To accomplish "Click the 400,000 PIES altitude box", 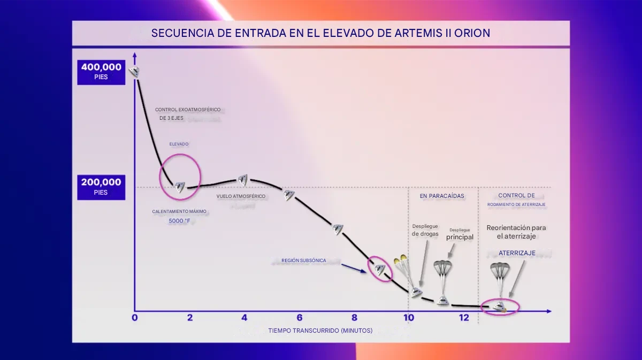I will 101,72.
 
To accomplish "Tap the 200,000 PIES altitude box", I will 101,187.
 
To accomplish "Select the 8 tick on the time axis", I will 354,318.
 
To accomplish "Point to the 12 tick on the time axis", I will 463,318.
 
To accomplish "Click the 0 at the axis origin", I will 135,318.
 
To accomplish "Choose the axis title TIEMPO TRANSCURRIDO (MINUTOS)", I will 320,331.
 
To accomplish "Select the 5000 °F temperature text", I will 179,220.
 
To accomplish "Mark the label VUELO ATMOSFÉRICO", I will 241,196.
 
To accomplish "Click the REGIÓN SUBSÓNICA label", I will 304,261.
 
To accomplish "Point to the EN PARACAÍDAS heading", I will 442,196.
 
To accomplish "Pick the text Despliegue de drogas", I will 425,230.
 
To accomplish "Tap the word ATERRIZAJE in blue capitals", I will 517,253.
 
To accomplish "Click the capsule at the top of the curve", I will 134,71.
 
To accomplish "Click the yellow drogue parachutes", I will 401,261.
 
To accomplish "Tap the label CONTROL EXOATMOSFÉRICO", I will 188,110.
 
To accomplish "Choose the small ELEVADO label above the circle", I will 179,144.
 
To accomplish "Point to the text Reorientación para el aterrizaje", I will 516,232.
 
